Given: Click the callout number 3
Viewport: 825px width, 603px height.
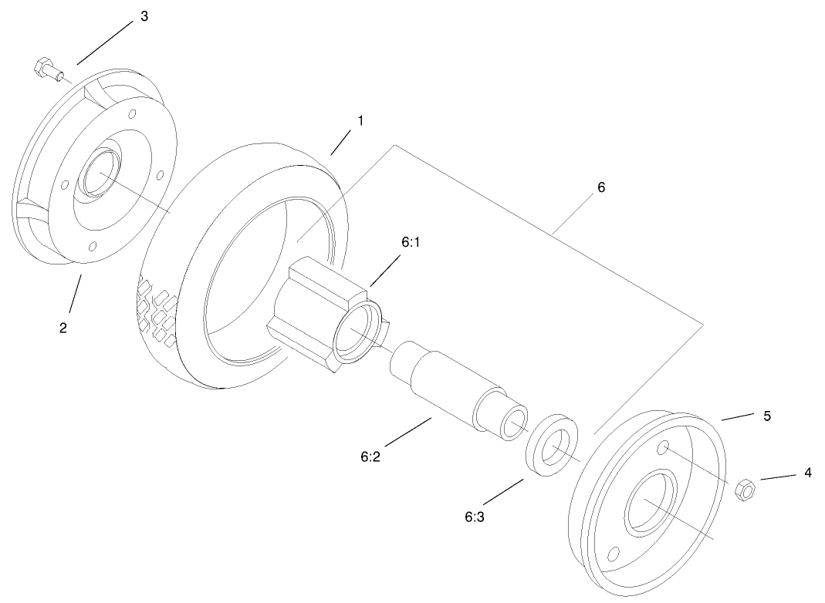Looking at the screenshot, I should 144,17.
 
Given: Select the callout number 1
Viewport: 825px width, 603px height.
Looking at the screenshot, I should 360,121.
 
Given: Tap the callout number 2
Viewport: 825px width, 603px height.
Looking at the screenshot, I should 63,328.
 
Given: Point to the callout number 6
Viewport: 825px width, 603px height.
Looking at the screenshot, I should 601,187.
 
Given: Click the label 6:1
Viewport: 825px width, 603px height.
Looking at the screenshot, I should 411,241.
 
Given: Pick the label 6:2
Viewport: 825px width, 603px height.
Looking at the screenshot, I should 370,456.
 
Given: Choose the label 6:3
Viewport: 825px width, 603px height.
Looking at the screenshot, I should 473,517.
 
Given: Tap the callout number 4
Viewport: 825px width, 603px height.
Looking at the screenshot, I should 807,472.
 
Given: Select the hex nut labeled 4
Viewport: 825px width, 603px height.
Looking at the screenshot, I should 745,489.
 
